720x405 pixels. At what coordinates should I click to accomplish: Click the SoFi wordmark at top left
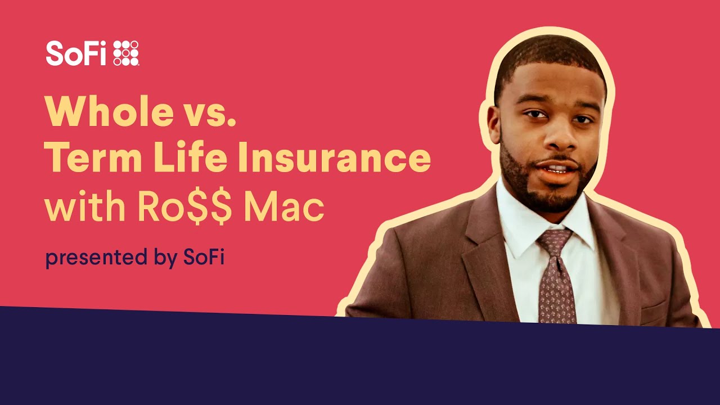(75, 53)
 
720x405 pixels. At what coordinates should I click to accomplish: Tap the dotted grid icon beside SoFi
(126, 53)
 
